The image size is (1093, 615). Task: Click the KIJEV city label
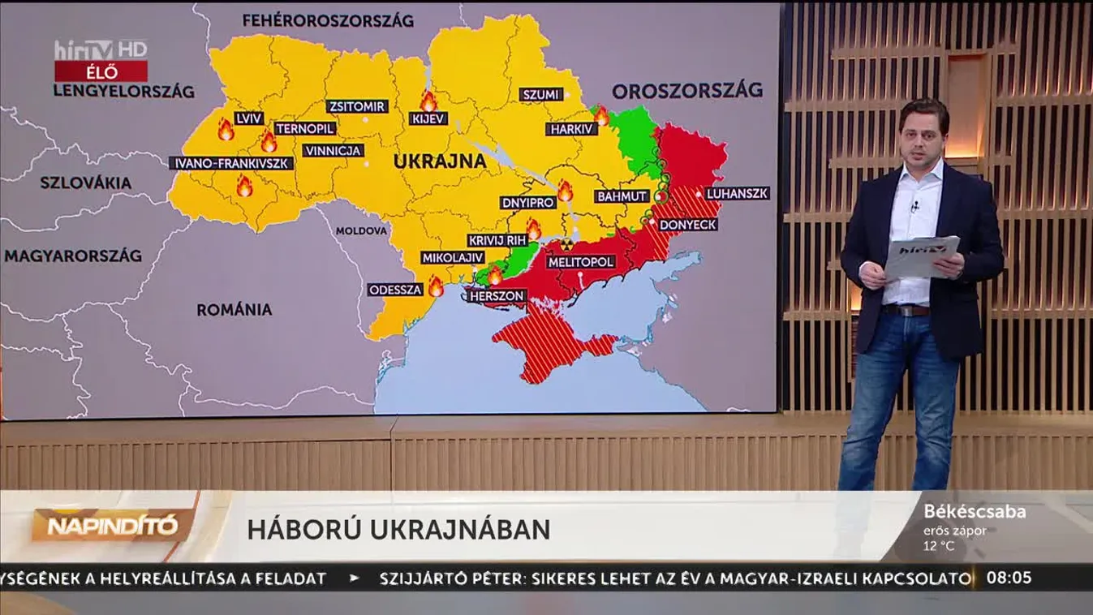tap(428, 118)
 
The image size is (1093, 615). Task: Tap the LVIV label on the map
tap(248, 118)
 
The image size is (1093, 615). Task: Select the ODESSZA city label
tap(395, 290)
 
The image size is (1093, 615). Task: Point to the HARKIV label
tap(573, 128)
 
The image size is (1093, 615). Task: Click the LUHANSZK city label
tap(737, 194)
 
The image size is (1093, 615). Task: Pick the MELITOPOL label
tap(581, 262)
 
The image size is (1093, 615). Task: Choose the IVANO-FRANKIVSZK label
tap(232, 163)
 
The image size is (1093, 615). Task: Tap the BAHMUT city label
tap(622, 196)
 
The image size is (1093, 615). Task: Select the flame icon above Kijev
tap(428, 101)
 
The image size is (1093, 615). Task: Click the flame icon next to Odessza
tap(436, 286)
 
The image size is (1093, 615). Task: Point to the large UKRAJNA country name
tap(440, 161)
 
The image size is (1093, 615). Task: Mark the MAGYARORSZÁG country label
tap(73, 256)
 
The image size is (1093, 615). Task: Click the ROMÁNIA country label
tap(235, 309)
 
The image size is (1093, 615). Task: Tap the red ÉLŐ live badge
tap(101, 71)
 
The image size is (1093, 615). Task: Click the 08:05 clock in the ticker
tap(1009, 578)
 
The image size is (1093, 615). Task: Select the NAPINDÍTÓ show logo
tap(113, 526)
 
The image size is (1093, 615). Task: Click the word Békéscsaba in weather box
tap(974, 512)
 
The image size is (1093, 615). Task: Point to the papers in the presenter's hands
tap(921, 256)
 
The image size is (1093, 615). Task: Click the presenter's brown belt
tap(907, 310)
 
